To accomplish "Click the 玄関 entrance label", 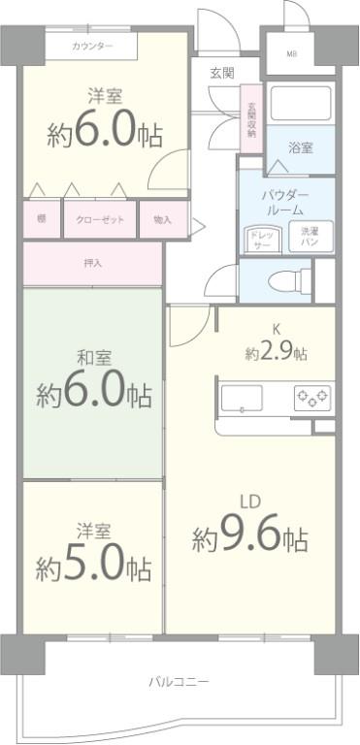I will tap(221, 73).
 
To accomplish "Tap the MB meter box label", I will tap(290, 53).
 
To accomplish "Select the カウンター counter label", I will tap(91, 47).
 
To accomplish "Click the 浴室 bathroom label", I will tap(300, 148).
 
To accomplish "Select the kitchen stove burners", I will tap(311, 397).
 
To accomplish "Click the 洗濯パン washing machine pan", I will tap(308, 237).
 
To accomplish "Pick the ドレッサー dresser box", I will tap(261, 239).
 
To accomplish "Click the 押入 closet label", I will tap(92, 264).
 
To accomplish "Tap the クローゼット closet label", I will tap(101, 220).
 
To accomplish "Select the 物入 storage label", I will tap(162, 220).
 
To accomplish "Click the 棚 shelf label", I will tap(42, 220).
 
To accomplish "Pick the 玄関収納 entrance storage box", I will tap(251, 119).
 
